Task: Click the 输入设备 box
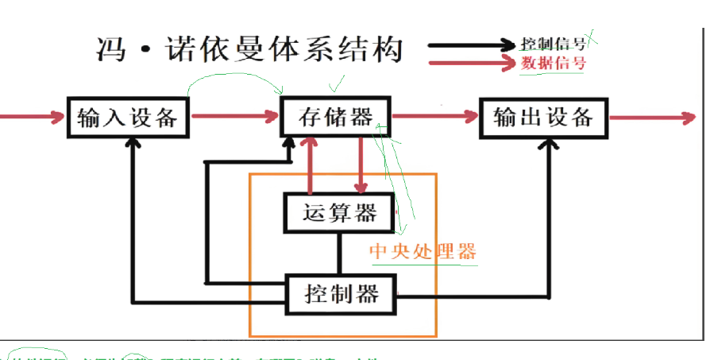[x=126, y=118]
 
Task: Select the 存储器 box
[x=336, y=118]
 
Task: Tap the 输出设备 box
[x=543, y=118]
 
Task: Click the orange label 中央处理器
[x=423, y=252]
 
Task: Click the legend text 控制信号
[x=554, y=44]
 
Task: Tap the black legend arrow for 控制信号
[x=472, y=45]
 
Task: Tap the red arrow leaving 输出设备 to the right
[x=651, y=118]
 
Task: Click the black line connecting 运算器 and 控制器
[x=340, y=252]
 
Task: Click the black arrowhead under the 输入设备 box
[x=133, y=146]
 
